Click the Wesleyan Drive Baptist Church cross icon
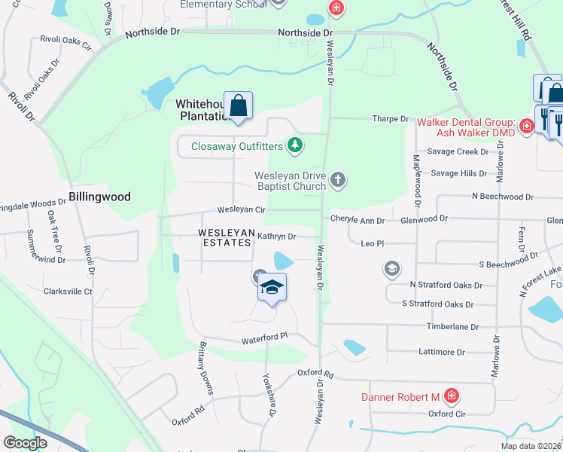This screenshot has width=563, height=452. coord(339,179)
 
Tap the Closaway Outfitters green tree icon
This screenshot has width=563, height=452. coord(297,145)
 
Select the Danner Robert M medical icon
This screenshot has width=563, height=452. coord(451,396)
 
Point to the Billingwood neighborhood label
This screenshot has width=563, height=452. coord(99,197)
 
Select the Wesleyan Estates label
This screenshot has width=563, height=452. coord(224,237)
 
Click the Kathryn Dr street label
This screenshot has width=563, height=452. coord(277,237)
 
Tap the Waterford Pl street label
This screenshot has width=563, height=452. coord(265,341)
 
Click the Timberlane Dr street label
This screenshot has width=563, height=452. coord(454,327)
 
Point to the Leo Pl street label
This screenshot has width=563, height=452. coord(373,244)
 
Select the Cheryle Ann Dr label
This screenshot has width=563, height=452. coord(358,220)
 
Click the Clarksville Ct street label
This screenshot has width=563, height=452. coord(68,292)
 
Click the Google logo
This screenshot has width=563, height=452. coord(26,443)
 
